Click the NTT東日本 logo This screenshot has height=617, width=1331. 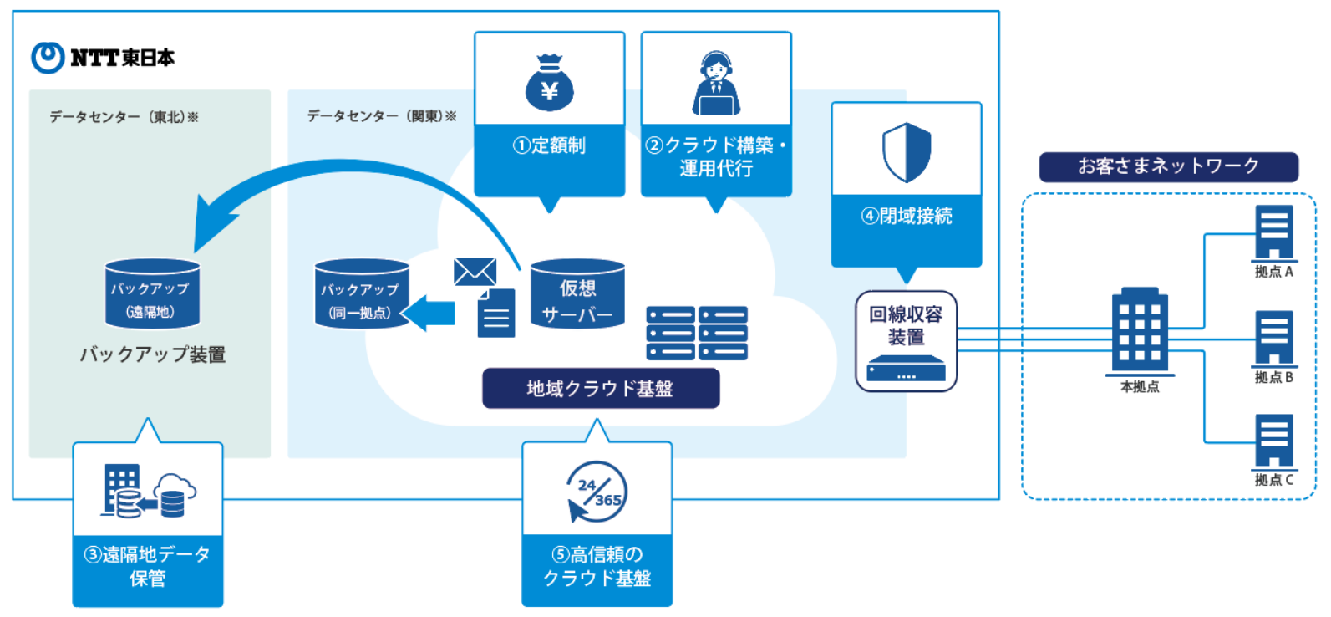pyautogui.click(x=102, y=58)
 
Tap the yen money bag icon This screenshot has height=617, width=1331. pyautogui.click(x=549, y=83)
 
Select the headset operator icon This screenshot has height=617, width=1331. pyautogui.click(x=716, y=83)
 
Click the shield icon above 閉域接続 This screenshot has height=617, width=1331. pyautogui.click(x=907, y=152)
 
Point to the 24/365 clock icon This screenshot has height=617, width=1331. pyautogui.click(x=597, y=492)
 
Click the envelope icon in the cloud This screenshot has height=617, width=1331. pyautogui.click(x=475, y=272)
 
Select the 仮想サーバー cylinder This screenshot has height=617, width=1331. pyautogui.click(x=577, y=294)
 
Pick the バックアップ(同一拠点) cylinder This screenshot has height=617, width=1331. pyautogui.click(x=361, y=295)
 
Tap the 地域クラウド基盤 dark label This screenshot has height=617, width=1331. pyautogui.click(x=600, y=389)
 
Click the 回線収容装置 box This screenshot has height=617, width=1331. pyautogui.click(x=906, y=340)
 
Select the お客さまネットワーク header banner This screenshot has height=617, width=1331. pyautogui.click(x=1168, y=166)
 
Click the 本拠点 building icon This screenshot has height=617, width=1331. pyautogui.click(x=1140, y=331)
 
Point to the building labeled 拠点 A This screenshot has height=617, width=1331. pyautogui.click(x=1274, y=232)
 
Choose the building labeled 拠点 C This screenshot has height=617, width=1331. pyautogui.click(x=1274, y=440)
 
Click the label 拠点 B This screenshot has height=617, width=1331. pyautogui.click(x=1273, y=378)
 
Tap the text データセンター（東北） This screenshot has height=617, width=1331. pyautogui.click(x=123, y=117)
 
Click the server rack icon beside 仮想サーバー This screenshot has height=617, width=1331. pyautogui.click(x=697, y=333)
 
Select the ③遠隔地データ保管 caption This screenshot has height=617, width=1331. pyautogui.click(x=147, y=567)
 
